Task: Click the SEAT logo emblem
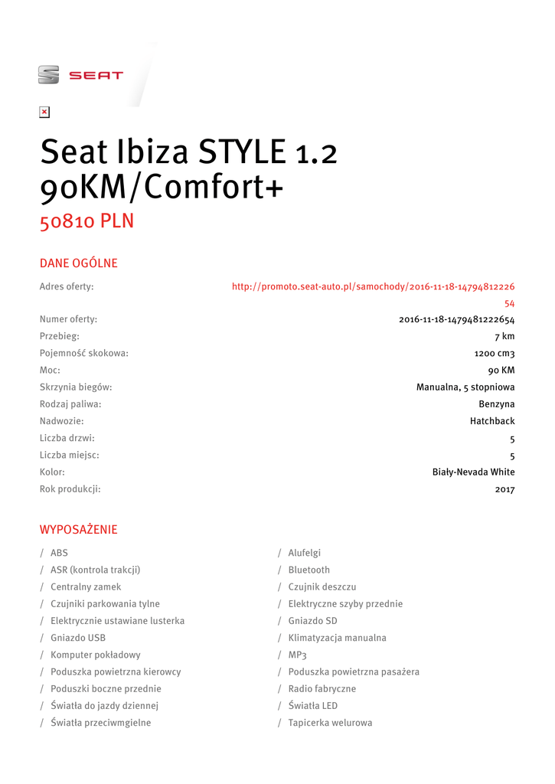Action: [x=48, y=75]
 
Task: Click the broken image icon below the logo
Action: [x=44, y=113]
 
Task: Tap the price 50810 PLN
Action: [x=87, y=221]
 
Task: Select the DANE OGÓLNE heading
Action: [x=78, y=263]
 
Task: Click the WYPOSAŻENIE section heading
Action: [x=78, y=530]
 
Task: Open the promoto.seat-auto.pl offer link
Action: [x=373, y=287]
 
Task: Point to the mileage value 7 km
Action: [x=504, y=336]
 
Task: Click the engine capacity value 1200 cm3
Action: [x=495, y=353]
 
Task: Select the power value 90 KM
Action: [x=501, y=370]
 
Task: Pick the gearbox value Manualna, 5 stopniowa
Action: [x=465, y=387]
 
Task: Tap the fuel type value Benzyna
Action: [x=497, y=403]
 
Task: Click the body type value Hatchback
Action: [x=492, y=421]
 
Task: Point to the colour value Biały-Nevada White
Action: [x=474, y=472]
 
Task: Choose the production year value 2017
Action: [x=504, y=489]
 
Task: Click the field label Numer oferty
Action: [x=68, y=319]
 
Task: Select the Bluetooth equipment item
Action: [x=309, y=570]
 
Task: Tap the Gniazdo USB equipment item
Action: [x=78, y=638]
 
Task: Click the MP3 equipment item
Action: [x=297, y=655]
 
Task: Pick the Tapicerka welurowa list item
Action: [x=330, y=723]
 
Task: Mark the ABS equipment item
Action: [x=59, y=553]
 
